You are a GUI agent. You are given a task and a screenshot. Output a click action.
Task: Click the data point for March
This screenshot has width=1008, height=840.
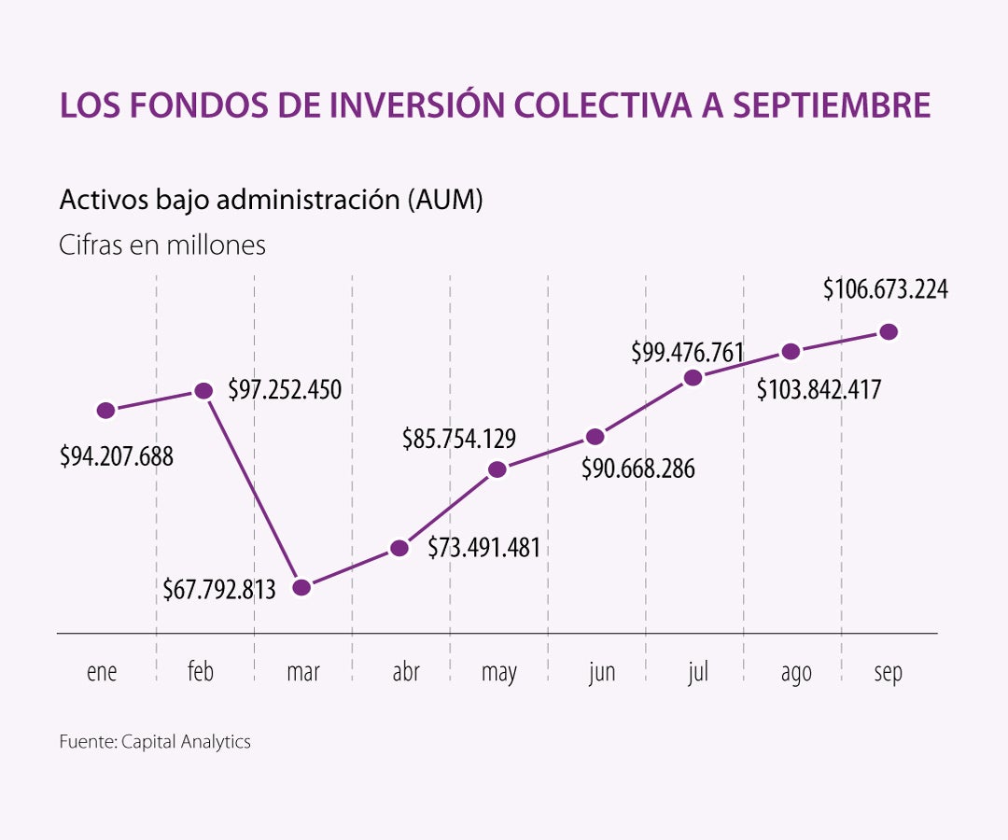tap(301, 587)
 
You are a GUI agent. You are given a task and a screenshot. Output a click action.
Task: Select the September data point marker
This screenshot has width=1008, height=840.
tap(889, 331)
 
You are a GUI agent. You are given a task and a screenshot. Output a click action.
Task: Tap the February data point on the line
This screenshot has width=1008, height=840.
tap(203, 391)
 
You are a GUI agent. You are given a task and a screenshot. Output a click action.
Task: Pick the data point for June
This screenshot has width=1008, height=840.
tap(595, 436)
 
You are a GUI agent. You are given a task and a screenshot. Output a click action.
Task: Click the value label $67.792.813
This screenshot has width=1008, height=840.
tap(219, 590)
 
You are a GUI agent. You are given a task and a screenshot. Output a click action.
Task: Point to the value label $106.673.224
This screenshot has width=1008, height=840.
tap(885, 289)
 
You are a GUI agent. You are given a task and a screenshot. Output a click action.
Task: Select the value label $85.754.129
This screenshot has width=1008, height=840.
tap(459, 437)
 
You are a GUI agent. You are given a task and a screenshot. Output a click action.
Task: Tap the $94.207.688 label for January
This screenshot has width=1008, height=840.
tap(117, 457)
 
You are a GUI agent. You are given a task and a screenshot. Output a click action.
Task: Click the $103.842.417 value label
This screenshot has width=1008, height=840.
tap(819, 389)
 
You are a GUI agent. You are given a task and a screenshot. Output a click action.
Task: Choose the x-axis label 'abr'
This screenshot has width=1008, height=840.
tap(406, 672)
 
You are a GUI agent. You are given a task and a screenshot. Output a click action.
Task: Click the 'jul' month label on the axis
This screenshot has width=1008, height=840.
tap(698, 672)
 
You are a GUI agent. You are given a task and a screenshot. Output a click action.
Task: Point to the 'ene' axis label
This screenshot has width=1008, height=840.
tap(102, 672)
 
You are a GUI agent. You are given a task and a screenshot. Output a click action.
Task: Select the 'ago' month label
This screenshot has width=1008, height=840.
tap(796, 672)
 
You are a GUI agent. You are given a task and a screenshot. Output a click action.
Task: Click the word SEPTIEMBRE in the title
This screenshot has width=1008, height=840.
tap(831, 105)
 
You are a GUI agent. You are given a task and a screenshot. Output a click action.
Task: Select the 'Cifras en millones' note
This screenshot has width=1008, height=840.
tap(162, 245)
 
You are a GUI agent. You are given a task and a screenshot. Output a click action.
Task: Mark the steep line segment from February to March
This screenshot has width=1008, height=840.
tap(252, 489)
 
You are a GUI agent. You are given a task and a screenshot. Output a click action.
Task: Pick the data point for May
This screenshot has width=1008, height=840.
tap(497, 469)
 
